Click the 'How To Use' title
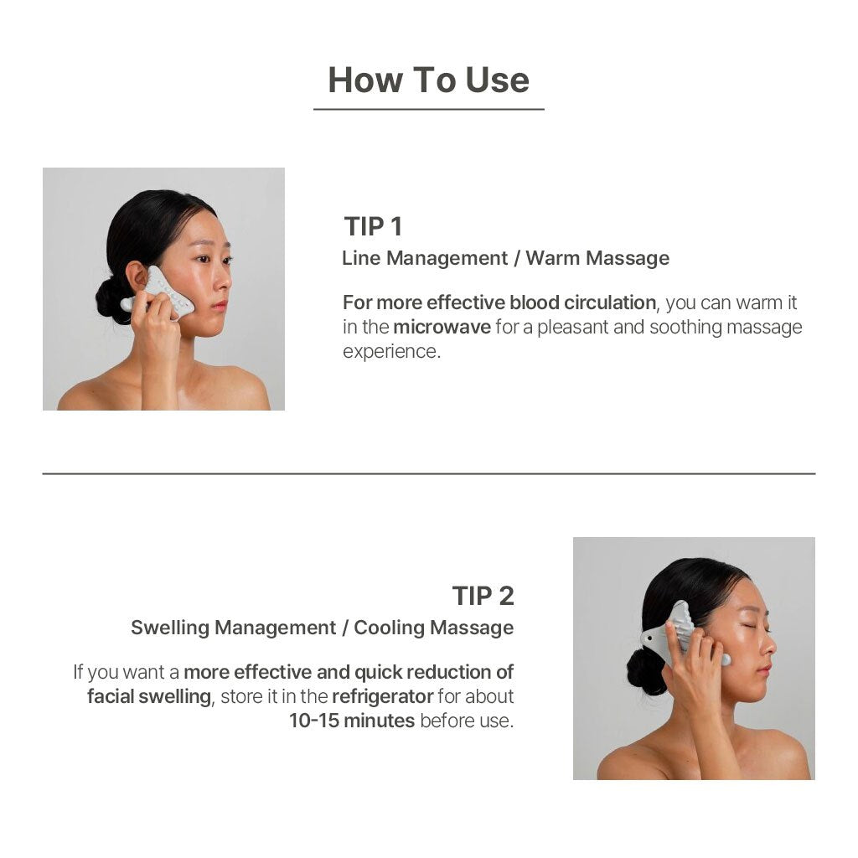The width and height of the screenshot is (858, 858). [428, 80]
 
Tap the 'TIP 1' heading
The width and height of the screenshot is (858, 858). [373, 226]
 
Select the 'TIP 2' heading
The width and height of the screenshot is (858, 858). [483, 596]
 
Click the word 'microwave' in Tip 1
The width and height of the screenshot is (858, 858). [442, 327]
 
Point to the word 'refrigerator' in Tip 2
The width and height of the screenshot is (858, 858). [382, 696]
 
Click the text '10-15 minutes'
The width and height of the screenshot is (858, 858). [352, 721]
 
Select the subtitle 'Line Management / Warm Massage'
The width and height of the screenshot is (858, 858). [505, 258]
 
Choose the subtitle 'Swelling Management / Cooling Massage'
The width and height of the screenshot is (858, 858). [323, 627]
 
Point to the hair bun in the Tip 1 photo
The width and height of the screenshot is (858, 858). [111, 299]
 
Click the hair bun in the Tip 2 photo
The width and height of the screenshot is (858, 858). [646, 671]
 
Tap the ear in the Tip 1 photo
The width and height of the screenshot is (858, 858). [136, 277]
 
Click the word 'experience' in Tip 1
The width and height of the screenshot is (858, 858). [390, 351]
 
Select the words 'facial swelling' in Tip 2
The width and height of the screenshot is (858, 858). [149, 696]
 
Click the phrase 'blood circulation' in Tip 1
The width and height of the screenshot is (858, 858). [582, 302]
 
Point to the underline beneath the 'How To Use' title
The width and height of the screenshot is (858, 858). [428, 109]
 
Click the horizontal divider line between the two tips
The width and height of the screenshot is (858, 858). [429, 473]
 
